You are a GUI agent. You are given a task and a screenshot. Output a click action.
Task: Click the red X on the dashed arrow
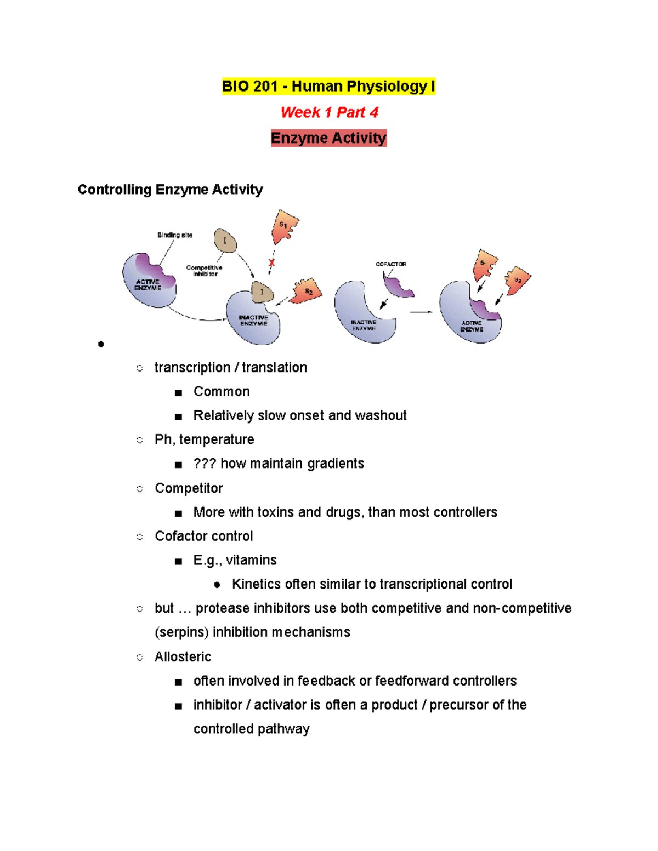point(271,263)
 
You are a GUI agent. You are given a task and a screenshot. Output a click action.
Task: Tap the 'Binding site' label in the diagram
point(174,235)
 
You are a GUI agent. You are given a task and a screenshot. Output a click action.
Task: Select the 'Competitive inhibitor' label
point(204,271)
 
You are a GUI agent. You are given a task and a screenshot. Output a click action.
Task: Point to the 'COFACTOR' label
point(390,264)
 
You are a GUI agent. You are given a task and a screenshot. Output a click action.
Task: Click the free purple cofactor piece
point(399,286)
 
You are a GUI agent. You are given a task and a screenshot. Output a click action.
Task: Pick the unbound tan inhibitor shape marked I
point(225,240)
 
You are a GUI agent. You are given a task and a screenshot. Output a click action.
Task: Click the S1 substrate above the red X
point(285,226)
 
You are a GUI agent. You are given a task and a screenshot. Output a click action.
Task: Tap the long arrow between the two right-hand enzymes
point(421,312)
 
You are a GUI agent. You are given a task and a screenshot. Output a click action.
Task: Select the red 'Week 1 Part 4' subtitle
point(329,112)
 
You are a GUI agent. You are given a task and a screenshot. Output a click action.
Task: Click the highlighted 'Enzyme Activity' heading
point(328,138)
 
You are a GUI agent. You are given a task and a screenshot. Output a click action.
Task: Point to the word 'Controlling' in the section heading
point(114,190)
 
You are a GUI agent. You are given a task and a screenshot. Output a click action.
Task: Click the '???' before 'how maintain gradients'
point(205,464)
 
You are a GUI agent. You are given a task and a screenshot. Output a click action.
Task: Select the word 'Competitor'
point(189,488)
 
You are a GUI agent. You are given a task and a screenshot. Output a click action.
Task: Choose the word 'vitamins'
point(251,560)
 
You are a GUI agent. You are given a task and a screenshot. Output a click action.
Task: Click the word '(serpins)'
point(181,632)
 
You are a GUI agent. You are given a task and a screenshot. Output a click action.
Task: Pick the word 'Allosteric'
point(183,656)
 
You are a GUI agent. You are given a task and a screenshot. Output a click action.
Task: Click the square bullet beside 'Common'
point(178,392)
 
